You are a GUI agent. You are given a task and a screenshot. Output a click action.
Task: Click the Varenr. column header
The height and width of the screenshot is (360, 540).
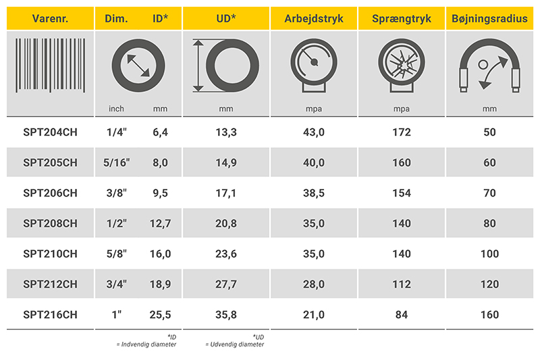click(x=50, y=18)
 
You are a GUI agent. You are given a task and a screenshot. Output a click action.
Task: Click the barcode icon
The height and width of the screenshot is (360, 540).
click(x=50, y=66)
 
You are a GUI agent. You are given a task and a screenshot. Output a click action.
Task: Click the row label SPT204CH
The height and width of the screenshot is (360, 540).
click(x=50, y=132)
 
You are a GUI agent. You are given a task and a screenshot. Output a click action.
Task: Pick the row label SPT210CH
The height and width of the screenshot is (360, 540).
click(x=50, y=254)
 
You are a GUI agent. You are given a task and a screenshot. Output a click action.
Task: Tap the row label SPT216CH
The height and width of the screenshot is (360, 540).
click(x=50, y=315)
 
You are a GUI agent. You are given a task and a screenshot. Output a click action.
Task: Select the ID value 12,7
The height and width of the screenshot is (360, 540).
click(x=159, y=224)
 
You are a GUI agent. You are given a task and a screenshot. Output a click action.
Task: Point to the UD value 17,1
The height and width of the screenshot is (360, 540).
click(x=225, y=193)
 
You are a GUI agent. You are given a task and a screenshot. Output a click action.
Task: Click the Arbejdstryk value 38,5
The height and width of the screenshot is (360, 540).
click(x=313, y=193)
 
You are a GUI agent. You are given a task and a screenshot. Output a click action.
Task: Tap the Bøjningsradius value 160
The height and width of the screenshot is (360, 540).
click(x=489, y=315)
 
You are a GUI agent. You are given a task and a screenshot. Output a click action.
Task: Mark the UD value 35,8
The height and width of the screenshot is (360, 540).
click(x=225, y=315)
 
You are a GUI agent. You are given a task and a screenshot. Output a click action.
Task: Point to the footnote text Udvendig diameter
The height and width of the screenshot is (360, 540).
click(x=236, y=344)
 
